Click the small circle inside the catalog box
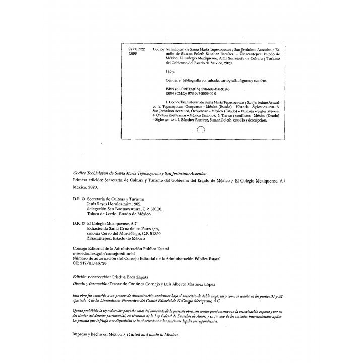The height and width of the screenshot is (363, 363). click(200, 129)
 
